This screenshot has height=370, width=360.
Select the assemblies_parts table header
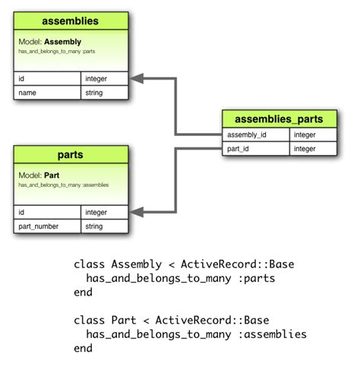(279, 119)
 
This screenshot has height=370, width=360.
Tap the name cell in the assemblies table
(47, 93)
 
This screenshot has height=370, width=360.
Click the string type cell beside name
(105, 93)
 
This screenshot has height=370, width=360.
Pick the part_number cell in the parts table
(47, 226)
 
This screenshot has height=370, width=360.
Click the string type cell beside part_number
(105, 226)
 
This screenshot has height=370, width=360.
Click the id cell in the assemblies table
(47, 78)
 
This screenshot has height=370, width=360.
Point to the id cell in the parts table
(47, 213)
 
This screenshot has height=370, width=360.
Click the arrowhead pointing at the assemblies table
(136, 79)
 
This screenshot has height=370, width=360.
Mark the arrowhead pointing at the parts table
(136, 213)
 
